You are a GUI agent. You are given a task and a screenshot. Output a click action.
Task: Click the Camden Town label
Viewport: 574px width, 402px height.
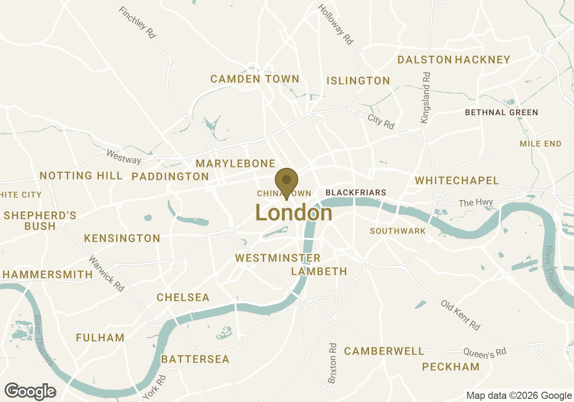[x=255, y=79]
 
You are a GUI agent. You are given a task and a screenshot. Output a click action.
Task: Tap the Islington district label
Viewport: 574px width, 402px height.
[x=358, y=81]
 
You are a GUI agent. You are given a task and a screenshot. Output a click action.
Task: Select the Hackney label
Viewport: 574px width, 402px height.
[x=483, y=60]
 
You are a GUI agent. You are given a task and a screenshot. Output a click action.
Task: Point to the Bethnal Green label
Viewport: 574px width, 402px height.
[x=501, y=112]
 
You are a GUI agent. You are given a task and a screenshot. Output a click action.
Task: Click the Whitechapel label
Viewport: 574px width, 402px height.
[x=457, y=181]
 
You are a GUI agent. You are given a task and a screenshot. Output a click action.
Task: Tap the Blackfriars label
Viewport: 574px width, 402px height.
[x=356, y=192]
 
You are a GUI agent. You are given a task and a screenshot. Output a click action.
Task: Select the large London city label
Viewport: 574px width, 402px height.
[x=294, y=213]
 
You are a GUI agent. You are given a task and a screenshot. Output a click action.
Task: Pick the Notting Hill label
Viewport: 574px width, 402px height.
[x=81, y=175]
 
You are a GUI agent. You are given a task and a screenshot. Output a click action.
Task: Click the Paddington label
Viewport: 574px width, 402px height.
[x=170, y=177]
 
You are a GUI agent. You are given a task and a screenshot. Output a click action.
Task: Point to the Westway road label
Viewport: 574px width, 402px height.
[x=123, y=157]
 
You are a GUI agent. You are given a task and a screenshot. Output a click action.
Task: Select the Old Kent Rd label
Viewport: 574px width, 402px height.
[x=460, y=315]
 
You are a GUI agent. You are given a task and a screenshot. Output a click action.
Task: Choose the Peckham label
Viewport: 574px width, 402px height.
[x=451, y=367]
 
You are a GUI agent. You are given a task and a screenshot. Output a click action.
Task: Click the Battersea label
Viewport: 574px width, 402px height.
[x=195, y=359]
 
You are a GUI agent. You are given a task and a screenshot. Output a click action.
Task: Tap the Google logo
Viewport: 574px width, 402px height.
[x=30, y=391]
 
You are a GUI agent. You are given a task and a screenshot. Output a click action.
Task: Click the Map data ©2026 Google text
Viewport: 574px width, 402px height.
[x=519, y=395]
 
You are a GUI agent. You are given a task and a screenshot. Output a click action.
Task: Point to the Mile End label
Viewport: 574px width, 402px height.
[x=540, y=144]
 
